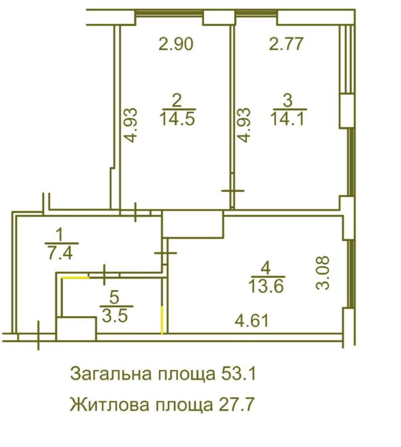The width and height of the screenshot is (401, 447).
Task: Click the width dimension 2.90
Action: [176, 45]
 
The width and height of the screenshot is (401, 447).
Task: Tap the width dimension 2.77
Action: [286, 45]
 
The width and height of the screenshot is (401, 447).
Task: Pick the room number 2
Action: [177, 100]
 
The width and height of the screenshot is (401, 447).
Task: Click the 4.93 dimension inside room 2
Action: [133, 125]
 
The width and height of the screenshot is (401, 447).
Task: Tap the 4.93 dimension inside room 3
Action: [244, 125]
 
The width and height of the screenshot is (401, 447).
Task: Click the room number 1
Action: [60, 233]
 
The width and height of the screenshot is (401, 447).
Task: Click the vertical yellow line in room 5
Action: [162, 320]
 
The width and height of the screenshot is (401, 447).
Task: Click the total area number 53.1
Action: [238, 374]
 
